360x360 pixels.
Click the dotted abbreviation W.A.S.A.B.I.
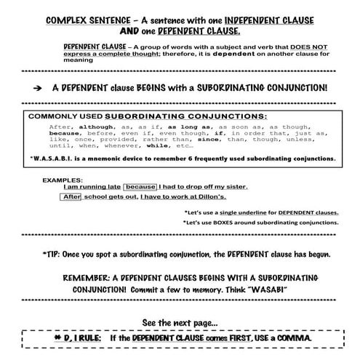tap(55, 159)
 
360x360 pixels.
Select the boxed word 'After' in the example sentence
tap(71, 196)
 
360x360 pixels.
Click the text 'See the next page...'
tap(180, 321)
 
